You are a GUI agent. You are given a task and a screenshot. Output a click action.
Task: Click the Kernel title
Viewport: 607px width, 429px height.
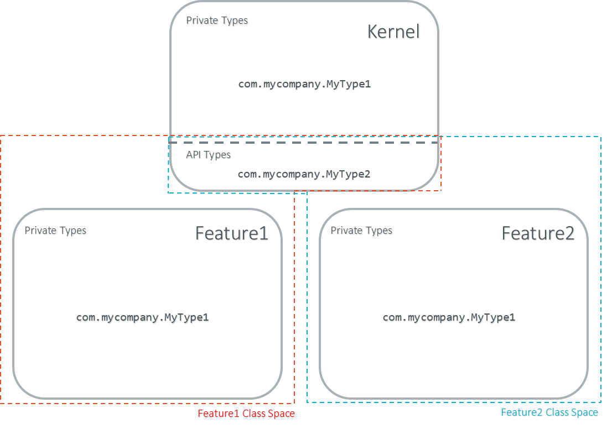pos(393,32)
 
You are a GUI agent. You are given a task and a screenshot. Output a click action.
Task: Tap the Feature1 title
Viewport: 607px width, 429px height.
pos(231,233)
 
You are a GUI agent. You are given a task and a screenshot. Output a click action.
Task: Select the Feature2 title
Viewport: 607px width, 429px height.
pos(538,233)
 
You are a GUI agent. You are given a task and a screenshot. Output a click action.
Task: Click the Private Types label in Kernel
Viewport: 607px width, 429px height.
pos(217,20)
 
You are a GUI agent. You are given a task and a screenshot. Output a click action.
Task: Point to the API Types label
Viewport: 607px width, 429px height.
pos(208,155)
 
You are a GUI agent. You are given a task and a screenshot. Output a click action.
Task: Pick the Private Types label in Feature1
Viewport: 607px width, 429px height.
pos(55,230)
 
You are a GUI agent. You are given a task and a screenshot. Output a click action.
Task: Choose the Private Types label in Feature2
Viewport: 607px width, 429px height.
pos(361,230)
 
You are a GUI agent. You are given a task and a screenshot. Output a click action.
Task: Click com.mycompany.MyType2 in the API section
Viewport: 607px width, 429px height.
pos(304,174)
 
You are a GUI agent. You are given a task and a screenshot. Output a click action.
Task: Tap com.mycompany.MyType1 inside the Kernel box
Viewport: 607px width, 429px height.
pos(304,84)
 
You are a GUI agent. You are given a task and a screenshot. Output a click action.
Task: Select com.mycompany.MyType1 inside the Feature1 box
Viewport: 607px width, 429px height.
pos(142,317)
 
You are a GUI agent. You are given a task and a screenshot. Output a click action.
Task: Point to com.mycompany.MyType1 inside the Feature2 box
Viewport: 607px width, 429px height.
pos(449,317)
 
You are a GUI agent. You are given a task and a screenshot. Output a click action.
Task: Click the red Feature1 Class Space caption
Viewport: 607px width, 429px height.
pos(246,414)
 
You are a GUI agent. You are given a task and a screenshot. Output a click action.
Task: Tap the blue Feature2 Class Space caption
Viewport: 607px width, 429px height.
pos(549,412)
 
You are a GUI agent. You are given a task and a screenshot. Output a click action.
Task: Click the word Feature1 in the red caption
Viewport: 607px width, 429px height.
pos(219,414)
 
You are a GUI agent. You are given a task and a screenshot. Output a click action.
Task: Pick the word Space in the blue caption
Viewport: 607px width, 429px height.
pos(585,412)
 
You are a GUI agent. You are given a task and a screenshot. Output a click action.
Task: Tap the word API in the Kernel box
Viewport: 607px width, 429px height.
pos(194,155)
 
